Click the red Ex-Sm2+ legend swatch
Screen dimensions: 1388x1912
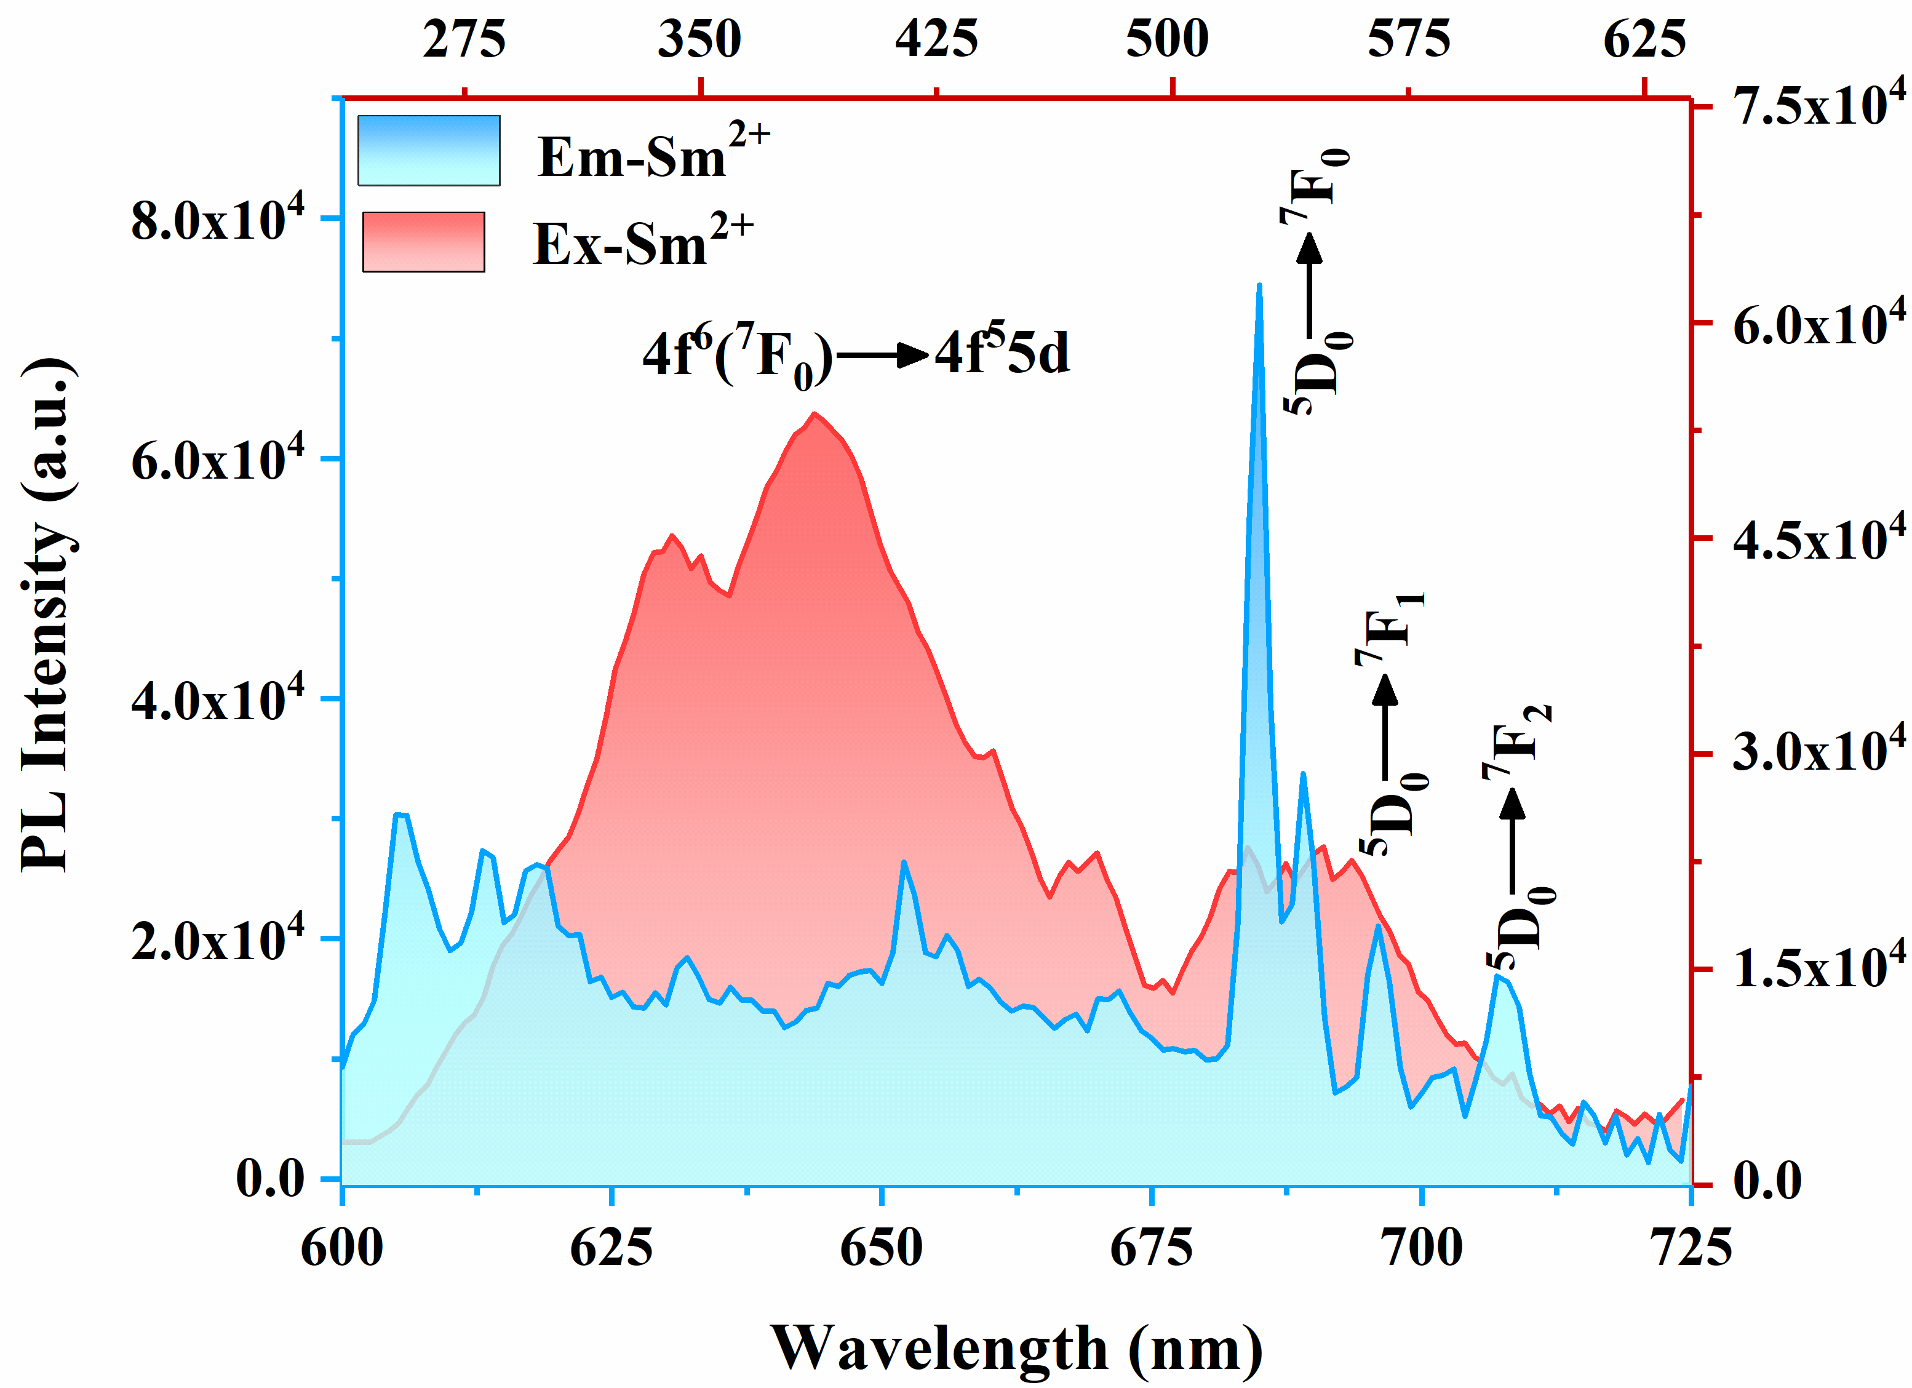click(423, 242)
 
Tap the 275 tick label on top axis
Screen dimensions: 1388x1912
click(464, 39)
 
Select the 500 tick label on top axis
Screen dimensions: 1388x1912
click(1168, 39)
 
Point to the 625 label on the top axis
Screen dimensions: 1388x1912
click(1644, 39)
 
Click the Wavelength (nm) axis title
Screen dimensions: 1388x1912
click(1017, 1347)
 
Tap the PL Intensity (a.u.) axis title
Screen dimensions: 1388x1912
click(47, 616)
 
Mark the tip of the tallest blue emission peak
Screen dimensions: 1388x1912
click(1259, 286)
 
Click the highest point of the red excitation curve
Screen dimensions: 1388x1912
click(813, 413)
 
